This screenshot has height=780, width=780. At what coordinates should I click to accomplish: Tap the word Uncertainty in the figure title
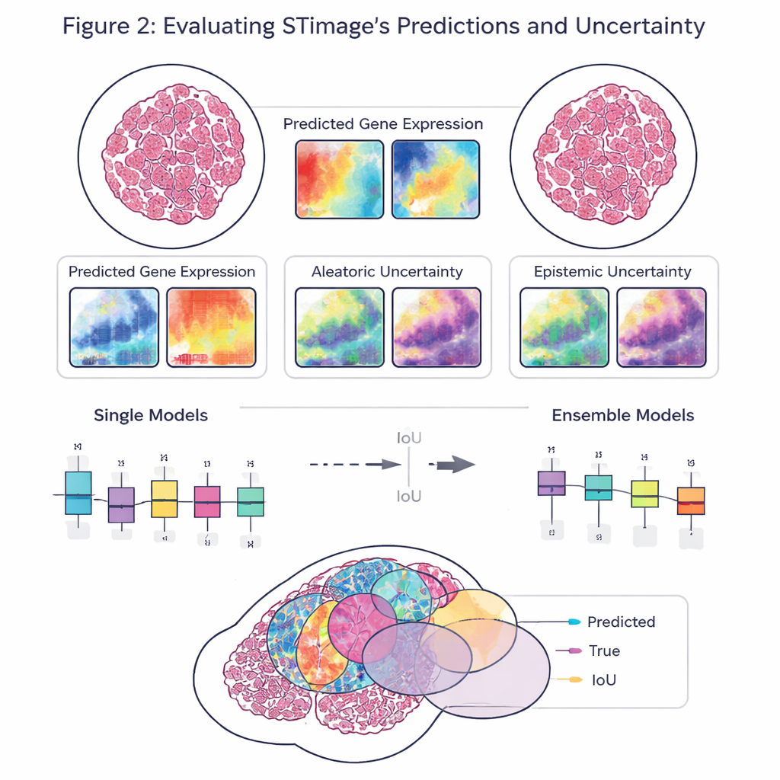tap(640, 27)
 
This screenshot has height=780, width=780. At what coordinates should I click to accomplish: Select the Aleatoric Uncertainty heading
tap(387, 271)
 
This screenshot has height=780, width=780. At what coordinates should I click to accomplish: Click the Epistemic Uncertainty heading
tap(612, 271)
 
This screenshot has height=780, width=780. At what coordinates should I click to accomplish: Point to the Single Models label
tap(151, 415)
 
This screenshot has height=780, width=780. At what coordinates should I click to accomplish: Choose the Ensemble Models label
tap(623, 415)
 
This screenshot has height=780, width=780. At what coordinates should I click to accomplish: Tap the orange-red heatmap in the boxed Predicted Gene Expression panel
tap(211, 327)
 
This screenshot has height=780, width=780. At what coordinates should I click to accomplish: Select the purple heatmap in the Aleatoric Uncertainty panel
tap(436, 327)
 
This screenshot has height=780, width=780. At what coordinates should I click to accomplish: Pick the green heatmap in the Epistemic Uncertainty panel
tap(564, 327)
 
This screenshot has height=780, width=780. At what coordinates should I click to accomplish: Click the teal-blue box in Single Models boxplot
tap(78, 493)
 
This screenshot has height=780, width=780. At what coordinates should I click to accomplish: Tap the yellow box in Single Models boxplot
tap(165, 499)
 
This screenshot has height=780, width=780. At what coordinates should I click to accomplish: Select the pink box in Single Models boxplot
tap(207, 502)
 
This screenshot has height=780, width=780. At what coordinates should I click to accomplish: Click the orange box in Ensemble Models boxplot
tap(691, 501)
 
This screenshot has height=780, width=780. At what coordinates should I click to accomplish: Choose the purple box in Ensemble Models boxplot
tap(551, 484)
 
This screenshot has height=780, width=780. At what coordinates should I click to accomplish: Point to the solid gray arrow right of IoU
tap(452, 464)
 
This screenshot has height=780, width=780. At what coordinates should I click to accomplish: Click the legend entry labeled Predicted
tap(621, 622)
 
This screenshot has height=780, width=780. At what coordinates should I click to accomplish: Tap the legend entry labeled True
tap(604, 651)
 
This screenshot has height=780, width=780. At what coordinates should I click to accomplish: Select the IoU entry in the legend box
tap(603, 679)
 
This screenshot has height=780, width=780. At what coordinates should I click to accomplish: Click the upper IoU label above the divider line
tap(410, 439)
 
